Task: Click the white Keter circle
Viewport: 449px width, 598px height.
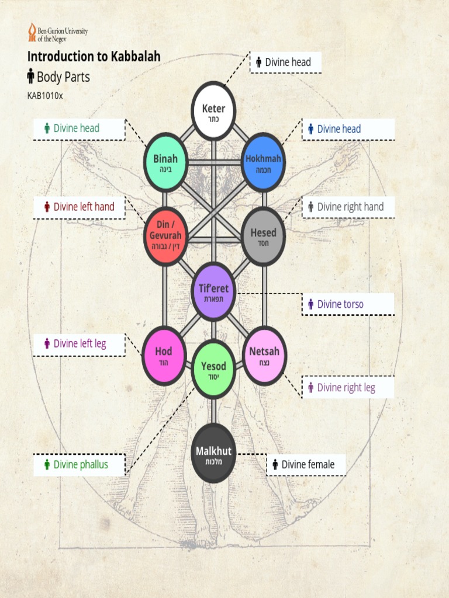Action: pyautogui.click(x=213, y=111)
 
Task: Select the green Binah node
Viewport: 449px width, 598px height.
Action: pyautogui.click(x=165, y=162)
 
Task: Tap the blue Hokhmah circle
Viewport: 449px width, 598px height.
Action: pyautogui.click(x=263, y=162)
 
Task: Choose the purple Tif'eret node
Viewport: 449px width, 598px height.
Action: pyautogui.click(x=213, y=291)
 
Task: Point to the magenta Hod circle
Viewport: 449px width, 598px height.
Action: pyautogui.click(x=164, y=356)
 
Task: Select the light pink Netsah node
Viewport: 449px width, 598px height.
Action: pyautogui.click(x=264, y=356)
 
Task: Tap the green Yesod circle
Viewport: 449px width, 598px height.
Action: pyautogui.click(x=213, y=370)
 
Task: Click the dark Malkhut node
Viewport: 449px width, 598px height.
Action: pyautogui.click(x=213, y=454)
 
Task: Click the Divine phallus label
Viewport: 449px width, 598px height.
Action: pyautogui.click(x=80, y=465)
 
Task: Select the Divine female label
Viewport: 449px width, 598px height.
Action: pyautogui.click(x=306, y=465)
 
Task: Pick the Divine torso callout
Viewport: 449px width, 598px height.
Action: pyautogui.click(x=347, y=304)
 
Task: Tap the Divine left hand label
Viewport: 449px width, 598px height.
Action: pyautogui.click(x=80, y=207)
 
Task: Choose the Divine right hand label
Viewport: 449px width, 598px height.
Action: pyautogui.click(x=348, y=207)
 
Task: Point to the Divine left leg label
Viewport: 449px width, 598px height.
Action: pyautogui.click(x=80, y=343)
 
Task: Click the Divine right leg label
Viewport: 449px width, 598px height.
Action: pyautogui.click(x=347, y=388)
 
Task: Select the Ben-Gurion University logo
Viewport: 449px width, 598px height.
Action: pyautogui.click(x=57, y=32)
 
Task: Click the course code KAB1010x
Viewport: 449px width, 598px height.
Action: pyautogui.click(x=44, y=96)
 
